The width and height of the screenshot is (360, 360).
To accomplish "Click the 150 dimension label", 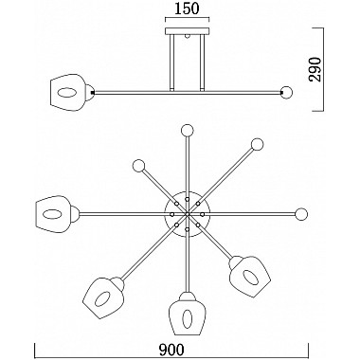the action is click(x=187, y=9).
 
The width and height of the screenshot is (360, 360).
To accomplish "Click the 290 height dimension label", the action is click(x=315, y=69).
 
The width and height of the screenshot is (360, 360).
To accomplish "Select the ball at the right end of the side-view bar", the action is click(x=287, y=93).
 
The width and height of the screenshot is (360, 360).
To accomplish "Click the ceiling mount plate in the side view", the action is click(x=188, y=31).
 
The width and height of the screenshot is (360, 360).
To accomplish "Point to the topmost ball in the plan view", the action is click(x=187, y=130).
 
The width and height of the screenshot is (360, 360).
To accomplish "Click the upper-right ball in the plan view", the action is click(x=257, y=144).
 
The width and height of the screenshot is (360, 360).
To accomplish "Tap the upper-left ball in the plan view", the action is click(x=138, y=166).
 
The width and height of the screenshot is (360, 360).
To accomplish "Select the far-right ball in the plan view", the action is click(x=301, y=214).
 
